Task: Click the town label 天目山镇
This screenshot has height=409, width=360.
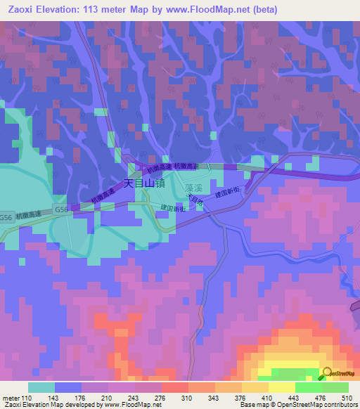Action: click(x=144, y=183)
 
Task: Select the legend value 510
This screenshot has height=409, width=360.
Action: click(x=347, y=398)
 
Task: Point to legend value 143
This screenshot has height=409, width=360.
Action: click(x=54, y=398)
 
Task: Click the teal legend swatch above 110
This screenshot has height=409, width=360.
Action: click(x=41, y=387)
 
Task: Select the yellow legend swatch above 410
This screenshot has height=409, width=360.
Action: click(x=255, y=387)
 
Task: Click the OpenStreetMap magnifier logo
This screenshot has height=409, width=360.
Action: click(x=328, y=372)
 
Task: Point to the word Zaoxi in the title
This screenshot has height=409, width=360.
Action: click(x=21, y=10)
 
